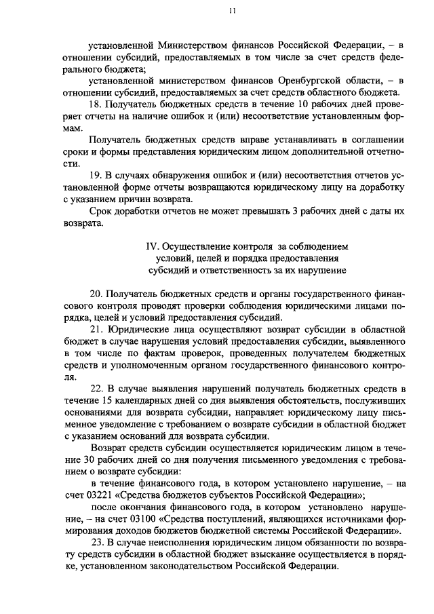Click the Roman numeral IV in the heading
[153, 246]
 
